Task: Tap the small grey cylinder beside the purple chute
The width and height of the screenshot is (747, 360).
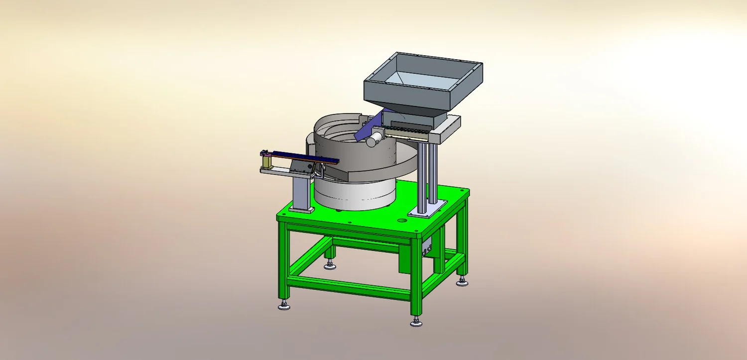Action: point(372,141)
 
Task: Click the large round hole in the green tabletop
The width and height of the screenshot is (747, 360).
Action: point(402,220)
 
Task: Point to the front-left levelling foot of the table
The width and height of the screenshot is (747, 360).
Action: point(284,305)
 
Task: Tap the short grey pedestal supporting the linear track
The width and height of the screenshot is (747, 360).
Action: point(301,192)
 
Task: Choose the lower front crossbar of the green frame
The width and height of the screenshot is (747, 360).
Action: point(349,288)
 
